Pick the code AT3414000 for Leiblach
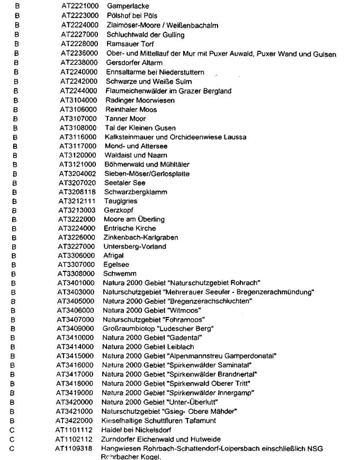76,347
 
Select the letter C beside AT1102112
17,439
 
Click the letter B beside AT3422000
17,421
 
